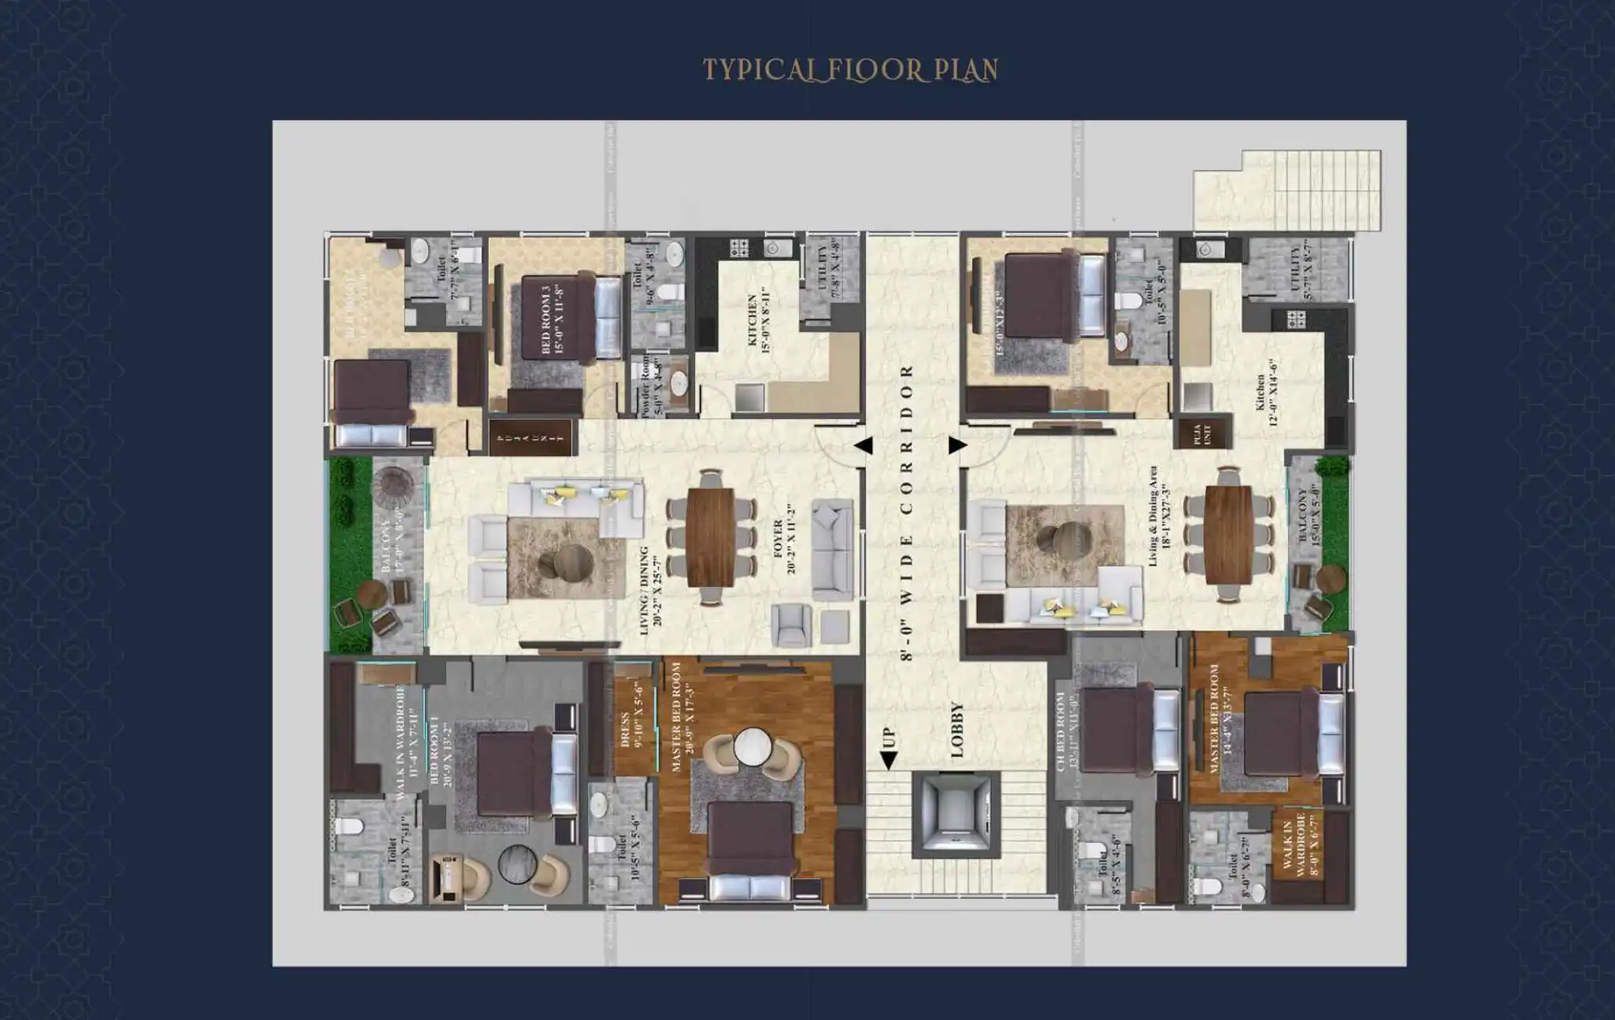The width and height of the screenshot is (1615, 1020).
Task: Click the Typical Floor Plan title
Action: click(x=850, y=69)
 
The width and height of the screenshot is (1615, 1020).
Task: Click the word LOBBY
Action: click(x=957, y=730)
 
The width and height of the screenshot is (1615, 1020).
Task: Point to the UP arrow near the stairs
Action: click(x=889, y=748)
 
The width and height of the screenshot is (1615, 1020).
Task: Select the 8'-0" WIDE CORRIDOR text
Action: click(x=907, y=512)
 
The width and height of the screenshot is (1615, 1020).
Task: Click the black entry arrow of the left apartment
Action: click(x=863, y=446)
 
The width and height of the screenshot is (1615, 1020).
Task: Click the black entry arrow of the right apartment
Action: click(x=957, y=445)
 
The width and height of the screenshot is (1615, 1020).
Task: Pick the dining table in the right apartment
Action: click(x=1228, y=534)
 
